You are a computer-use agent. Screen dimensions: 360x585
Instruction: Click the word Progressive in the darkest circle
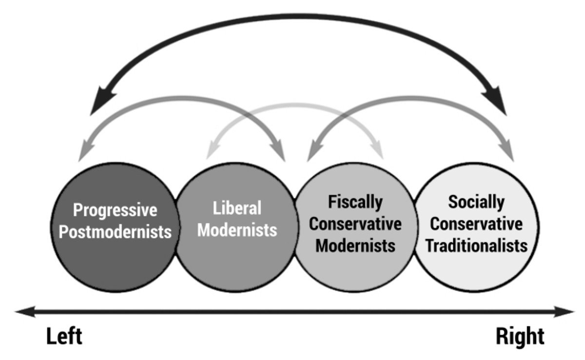pyautogui.click(x=115, y=210)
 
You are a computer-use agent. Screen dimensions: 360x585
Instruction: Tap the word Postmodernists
pyautogui.click(x=115, y=231)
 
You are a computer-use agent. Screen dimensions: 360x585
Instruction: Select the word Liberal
pyautogui.click(x=237, y=208)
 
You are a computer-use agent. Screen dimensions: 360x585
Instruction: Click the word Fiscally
pyautogui.click(x=355, y=202)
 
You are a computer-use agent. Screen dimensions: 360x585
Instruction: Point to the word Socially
pyautogui.click(x=476, y=202)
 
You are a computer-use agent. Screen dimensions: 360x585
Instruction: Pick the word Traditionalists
pyautogui.click(x=476, y=245)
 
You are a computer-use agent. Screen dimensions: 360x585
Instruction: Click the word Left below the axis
pyautogui.click(x=64, y=337)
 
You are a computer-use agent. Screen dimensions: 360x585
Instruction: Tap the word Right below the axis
pyautogui.click(x=520, y=337)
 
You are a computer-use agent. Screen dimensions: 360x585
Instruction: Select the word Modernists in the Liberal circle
pyautogui.click(x=237, y=229)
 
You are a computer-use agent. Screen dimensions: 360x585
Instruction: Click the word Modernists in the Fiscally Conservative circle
pyautogui.click(x=355, y=245)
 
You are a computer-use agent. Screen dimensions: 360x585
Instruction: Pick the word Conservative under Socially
pyautogui.click(x=476, y=223)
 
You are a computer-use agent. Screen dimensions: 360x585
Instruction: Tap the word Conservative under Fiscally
pyautogui.click(x=355, y=223)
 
